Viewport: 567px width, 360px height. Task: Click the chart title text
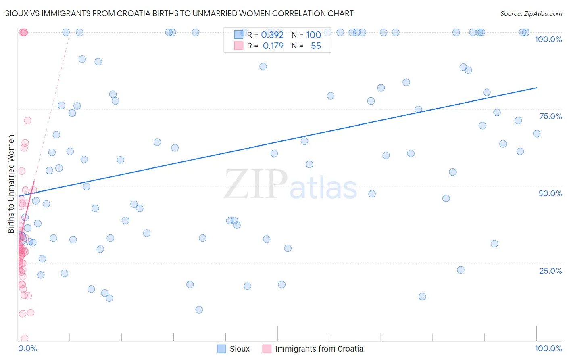[x=179, y=13]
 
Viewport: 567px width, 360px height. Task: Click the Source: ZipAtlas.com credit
[x=531, y=13]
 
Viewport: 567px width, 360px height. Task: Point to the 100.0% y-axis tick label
[x=548, y=39]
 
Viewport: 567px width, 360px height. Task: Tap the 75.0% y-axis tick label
[x=550, y=116]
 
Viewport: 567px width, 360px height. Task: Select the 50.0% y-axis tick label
[x=550, y=193]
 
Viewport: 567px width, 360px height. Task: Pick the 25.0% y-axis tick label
[x=550, y=270]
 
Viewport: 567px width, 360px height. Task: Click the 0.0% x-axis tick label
[x=27, y=348]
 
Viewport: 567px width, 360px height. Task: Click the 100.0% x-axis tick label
[x=548, y=348]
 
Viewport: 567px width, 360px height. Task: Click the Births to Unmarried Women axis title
[x=11, y=184]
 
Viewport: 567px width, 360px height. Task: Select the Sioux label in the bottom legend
[x=240, y=349]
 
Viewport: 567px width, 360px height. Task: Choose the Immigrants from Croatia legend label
[x=319, y=349]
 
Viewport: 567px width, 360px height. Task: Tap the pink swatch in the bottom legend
[x=267, y=349]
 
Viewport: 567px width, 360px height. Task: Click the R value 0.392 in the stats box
[x=272, y=35]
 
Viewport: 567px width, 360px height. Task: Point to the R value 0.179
[x=273, y=46]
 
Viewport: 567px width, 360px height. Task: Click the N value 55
[x=316, y=46]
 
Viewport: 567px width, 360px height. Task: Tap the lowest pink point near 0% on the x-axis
[x=24, y=339]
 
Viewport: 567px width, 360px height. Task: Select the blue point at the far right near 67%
[x=537, y=134]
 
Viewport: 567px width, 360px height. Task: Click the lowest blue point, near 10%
[x=199, y=310]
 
